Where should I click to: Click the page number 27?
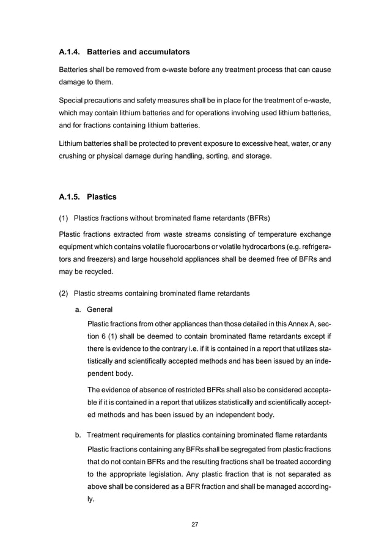[x=194, y=524]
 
